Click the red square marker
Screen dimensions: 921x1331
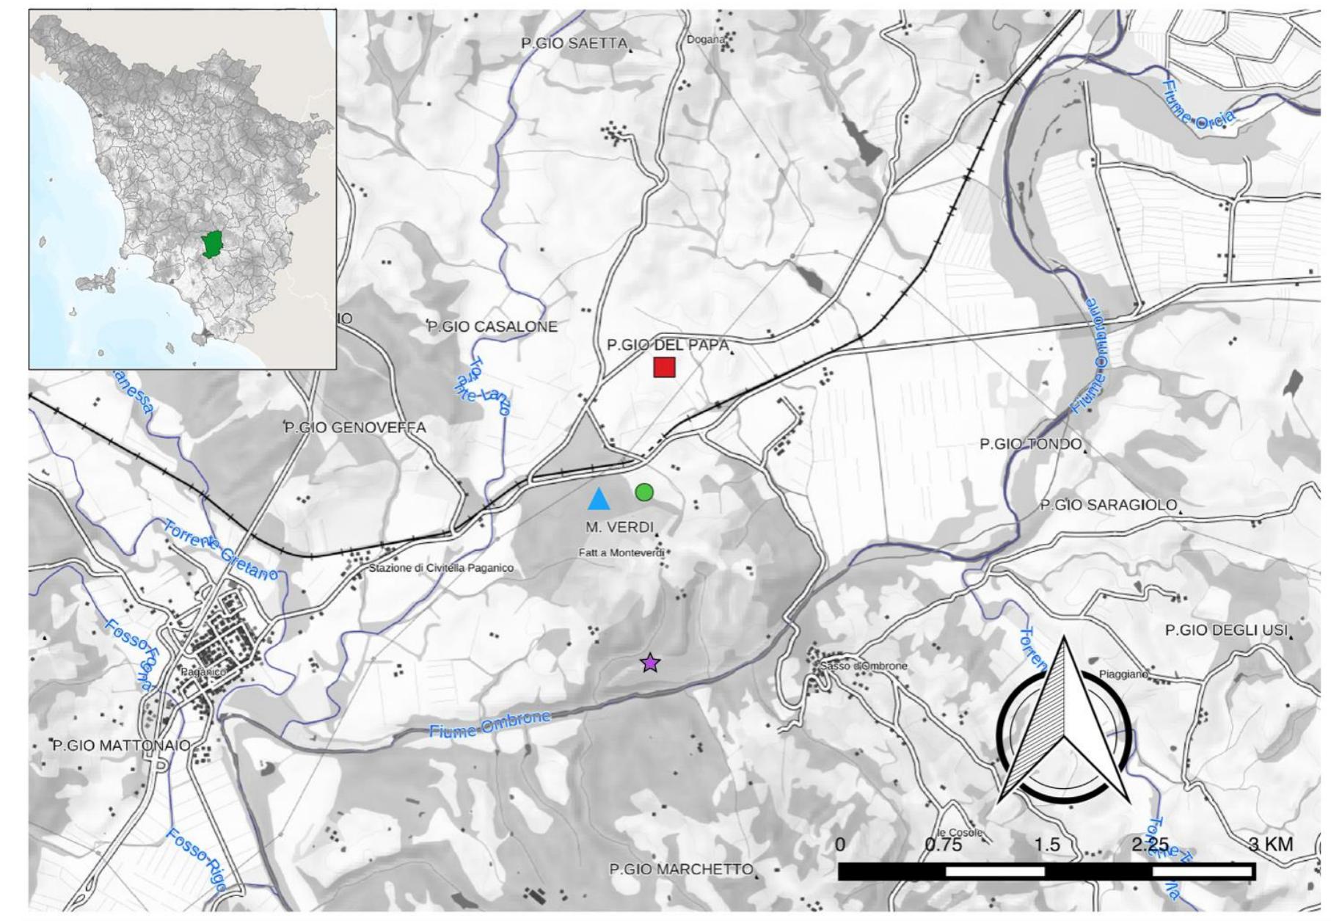pyautogui.click(x=664, y=367)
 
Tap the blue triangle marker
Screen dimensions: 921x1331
pyautogui.click(x=599, y=500)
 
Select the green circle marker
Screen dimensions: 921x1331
pyautogui.click(x=644, y=492)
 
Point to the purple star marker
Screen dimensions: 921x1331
pyautogui.click(x=650, y=663)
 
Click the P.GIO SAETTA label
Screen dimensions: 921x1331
pyautogui.click(x=574, y=43)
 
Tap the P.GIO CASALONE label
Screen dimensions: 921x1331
pyautogui.click(x=492, y=327)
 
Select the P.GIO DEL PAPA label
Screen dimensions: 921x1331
pyautogui.click(x=668, y=345)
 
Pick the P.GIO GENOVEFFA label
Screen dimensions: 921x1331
pyautogui.click(x=355, y=427)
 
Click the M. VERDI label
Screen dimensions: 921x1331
pyautogui.click(x=619, y=527)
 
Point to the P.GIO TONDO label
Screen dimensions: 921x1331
pyautogui.click(x=1030, y=444)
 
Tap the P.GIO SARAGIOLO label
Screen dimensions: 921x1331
pyautogui.click(x=1108, y=505)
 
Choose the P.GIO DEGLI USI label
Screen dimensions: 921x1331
pyautogui.click(x=1226, y=630)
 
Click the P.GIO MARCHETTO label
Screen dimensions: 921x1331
pyautogui.click(x=681, y=869)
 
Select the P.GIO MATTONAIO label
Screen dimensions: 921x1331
pyautogui.click(x=121, y=746)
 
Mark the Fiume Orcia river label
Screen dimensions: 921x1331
pyautogui.click(x=1199, y=106)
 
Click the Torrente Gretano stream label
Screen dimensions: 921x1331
pyautogui.click(x=220, y=550)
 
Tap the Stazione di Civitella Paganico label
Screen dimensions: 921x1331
pyautogui.click(x=441, y=568)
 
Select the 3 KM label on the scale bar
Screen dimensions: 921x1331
pyautogui.click(x=1271, y=844)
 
